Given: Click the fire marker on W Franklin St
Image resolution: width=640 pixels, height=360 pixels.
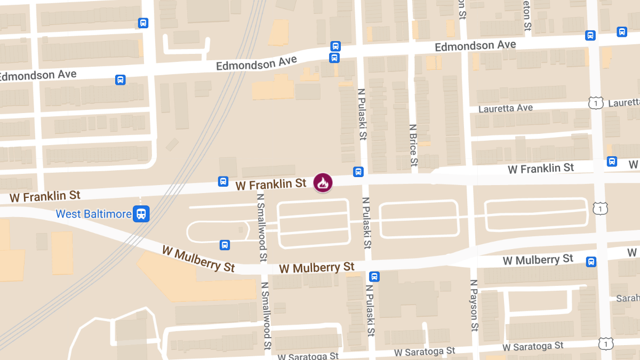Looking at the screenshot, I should (x=323, y=182).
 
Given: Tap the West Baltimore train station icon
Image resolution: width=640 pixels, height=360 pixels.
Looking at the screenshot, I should (x=141, y=214).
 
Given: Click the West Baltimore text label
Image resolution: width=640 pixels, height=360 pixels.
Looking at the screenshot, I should (x=94, y=214).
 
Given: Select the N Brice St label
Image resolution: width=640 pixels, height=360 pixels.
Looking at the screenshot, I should (x=413, y=147).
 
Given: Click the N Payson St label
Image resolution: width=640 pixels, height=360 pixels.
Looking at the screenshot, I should (x=474, y=307).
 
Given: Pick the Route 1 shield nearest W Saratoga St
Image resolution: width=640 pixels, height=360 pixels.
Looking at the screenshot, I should (x=605, y=344).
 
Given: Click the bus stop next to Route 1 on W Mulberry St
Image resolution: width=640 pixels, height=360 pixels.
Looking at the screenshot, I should (x=591, y=262).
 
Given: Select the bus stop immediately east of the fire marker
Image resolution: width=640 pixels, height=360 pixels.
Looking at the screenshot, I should (x=358, y=172).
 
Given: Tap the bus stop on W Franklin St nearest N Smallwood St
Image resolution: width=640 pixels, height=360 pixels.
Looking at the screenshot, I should (x=223, y=181).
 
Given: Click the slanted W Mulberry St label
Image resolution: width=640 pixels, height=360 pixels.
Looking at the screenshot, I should (x=198, y=258).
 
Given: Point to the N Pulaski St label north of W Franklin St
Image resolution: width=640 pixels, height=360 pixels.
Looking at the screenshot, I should (x=362, y=114).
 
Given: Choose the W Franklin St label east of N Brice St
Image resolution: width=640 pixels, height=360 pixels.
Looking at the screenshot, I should (x=541, y=169).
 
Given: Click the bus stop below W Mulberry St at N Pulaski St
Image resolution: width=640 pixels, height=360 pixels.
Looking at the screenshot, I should (x=374, y=276).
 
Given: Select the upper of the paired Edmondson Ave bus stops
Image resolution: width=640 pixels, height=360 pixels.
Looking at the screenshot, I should (x=335, y=46).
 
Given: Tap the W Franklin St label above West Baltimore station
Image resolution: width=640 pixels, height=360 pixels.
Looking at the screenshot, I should (x=45, y=196).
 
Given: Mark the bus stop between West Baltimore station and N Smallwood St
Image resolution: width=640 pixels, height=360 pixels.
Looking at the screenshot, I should (x=225, y=245).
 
